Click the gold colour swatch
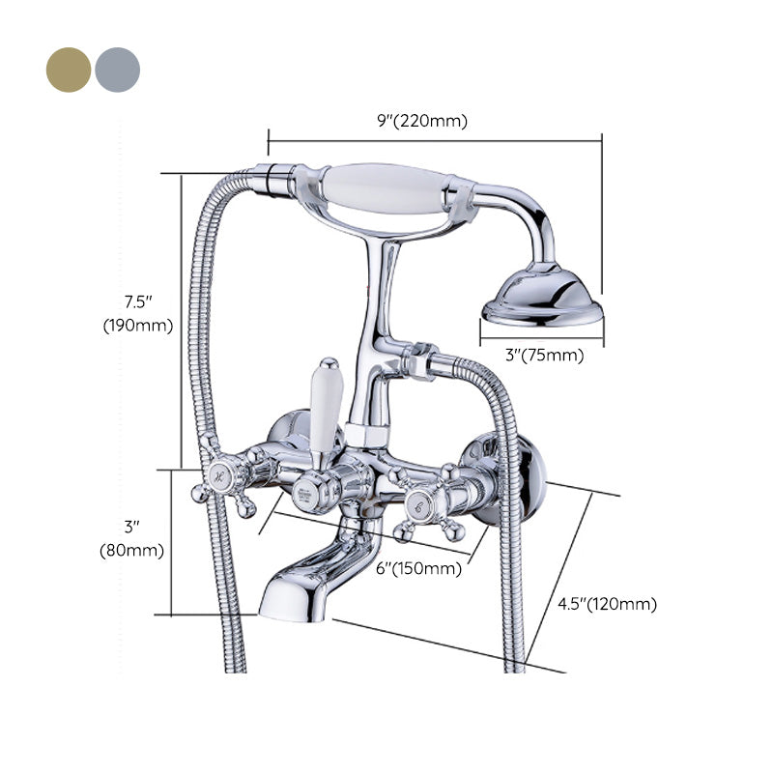(68, 70)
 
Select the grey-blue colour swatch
(117, 70)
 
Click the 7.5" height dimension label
(138, 301)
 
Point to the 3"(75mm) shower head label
(546, 355)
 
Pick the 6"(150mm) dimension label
(418, 568)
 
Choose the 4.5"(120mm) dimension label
(607, 605)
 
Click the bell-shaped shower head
(542, 297)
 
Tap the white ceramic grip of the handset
(385, 186)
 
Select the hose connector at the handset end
(274, 179)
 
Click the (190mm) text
(138, 326)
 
